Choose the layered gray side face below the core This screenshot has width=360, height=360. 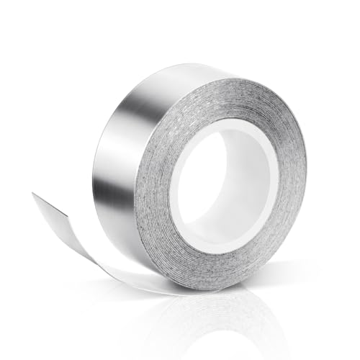(x=216, y=270)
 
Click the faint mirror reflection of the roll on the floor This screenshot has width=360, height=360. (x=216, y=317)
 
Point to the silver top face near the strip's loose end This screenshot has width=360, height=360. (x=54, y=209)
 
